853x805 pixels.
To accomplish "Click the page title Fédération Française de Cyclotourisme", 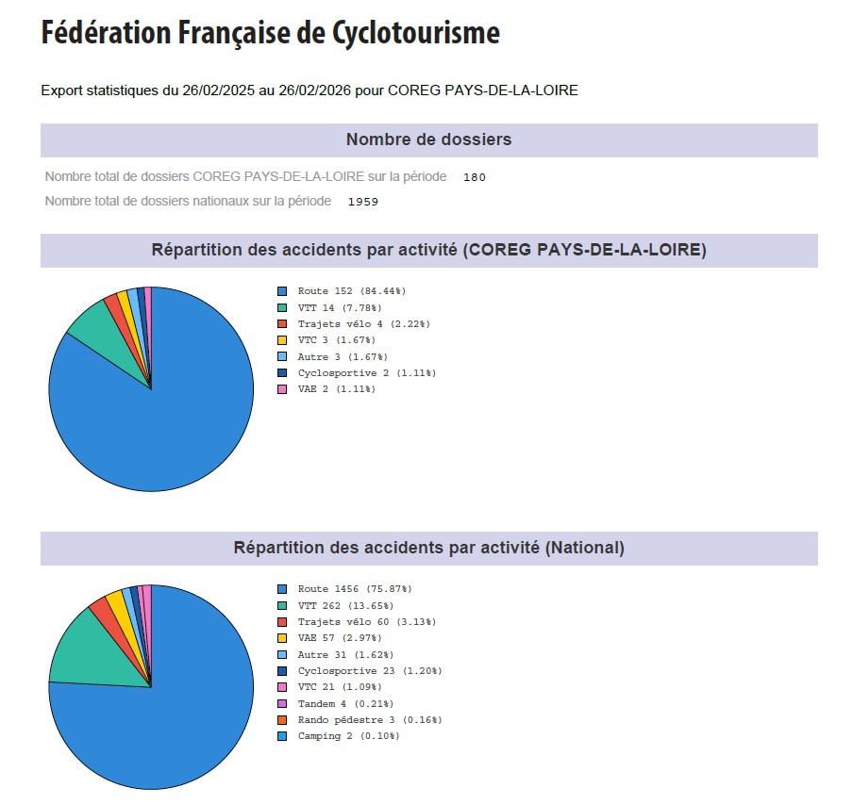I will pos(270,33).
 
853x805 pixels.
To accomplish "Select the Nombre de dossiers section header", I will pos(428,140).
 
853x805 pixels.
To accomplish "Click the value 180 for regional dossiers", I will pos(474,177).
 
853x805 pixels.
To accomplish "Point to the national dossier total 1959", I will pos(362,202).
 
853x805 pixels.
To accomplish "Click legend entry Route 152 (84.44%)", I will pos(351,291).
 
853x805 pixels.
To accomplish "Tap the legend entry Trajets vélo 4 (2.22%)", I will pos(363,324).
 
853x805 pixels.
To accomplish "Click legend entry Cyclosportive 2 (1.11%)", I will pos(366,373).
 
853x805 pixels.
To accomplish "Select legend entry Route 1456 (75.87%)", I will pos(354,589).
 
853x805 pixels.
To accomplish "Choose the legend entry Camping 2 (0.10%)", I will pos(348,736).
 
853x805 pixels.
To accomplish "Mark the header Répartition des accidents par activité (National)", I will pos(428,548).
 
